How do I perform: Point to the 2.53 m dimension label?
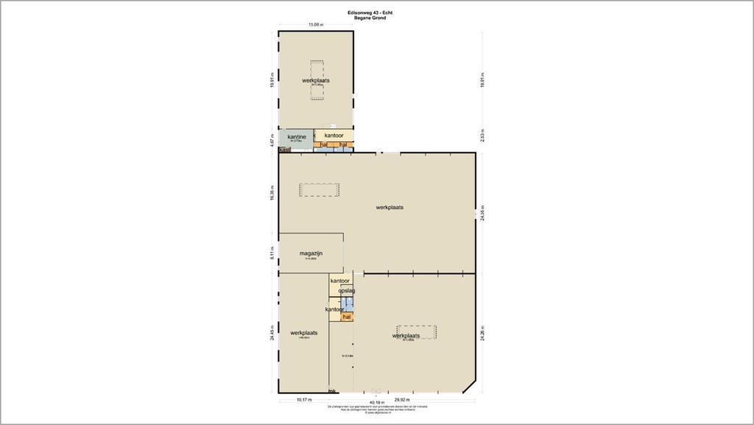(482, 138)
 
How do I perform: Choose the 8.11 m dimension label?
(272, 254)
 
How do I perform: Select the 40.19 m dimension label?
(376, 402)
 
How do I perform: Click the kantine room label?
(296, 136)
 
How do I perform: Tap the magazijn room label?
(311, 253)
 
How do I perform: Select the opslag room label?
(347, 291)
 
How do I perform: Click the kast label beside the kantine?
(285, 150)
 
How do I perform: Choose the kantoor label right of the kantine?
(334, 136)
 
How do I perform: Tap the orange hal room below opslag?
(347, 316)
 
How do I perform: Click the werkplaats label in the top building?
(315, 80)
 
